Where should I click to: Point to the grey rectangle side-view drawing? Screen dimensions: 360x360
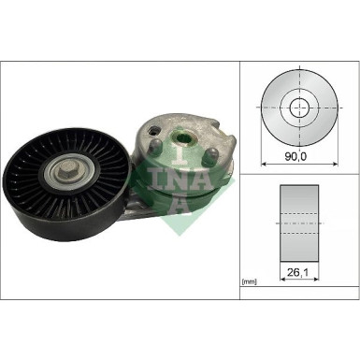click(x=299, y=224)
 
